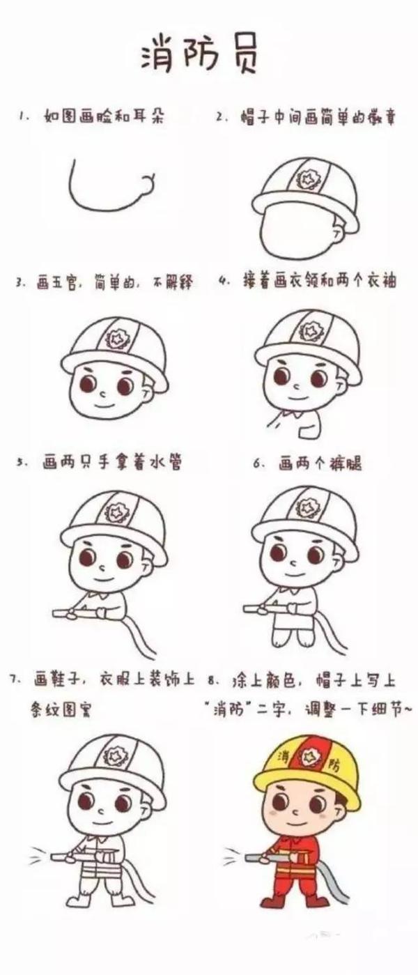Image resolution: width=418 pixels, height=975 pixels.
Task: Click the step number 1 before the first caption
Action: coord(22,116)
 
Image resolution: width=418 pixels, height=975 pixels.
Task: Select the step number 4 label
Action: coord(224,281)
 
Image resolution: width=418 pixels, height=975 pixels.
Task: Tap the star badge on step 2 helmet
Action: coord(307,178)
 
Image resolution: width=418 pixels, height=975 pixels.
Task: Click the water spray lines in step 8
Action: coord(233,855)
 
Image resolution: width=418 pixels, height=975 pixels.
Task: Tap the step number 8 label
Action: coord(212,682)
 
